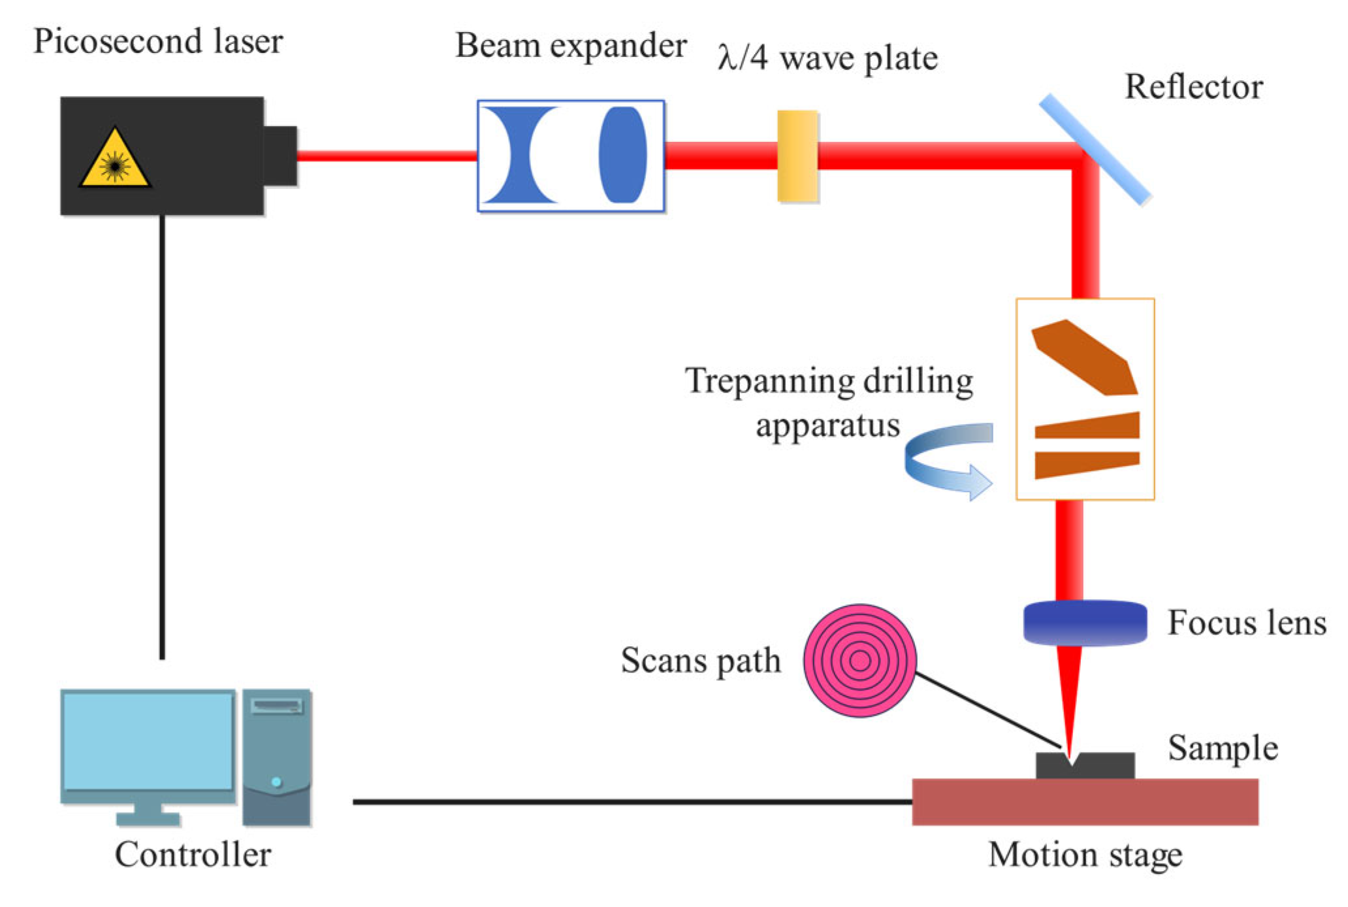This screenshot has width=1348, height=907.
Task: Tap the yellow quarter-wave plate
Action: pyautogui.click(x=797, y=156)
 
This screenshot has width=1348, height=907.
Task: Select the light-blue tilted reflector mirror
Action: pyautogui.click(x=1095, y=149)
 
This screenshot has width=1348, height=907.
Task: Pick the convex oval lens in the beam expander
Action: pyautogui.click(x=622, y=155)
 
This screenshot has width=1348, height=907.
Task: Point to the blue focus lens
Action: pyautogui.click(x=1085, y=623)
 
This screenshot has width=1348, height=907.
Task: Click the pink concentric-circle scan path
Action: pyautogui.click(x=859, y=661)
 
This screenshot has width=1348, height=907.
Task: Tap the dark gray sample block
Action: pyautogui.click(x=1085, y=766)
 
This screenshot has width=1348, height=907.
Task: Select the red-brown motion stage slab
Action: pyautogui.click(x=1085, y=802)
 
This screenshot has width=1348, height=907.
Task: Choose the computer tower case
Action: pyautogui.click(x=277, y=757)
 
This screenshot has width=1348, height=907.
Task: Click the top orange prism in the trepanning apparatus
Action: pyautogui.click(x=1085, y=357)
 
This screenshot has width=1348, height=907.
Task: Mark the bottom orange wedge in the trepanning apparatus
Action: pyautogui.click(x=1087, y=464)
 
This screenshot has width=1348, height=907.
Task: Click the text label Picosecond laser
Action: pyautogui.click(x=158, y=41)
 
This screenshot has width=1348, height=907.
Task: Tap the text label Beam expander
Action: pyautogui.click(x=571, y=46)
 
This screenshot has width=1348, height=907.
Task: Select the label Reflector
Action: pyautogui.click(x=1194, y=87)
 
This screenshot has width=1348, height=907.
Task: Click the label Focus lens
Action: pyautogui.click(x=1247, y=622)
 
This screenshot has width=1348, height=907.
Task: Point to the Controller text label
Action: pyautogui.click(x=193, y=855)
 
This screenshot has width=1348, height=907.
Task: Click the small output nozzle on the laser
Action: pyautogui.click(x=280, y=156)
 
